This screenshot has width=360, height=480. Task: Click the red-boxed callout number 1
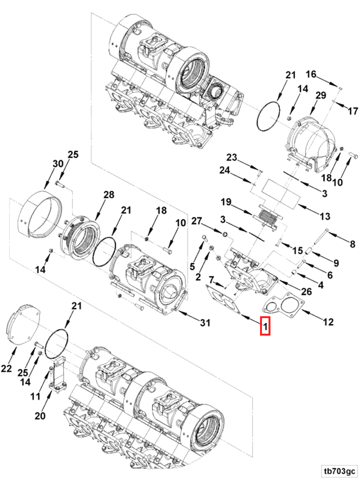[x=265, y=326]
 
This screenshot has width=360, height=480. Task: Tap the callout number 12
[x=328, y=322]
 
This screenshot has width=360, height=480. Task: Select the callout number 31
[x=205, y=322]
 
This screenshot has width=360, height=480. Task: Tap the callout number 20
[x=40, y=416]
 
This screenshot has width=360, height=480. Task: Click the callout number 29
[x=320, y=96]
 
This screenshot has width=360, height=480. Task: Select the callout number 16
[x=311, y=74]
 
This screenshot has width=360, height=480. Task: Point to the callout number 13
[x=325, y=216]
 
